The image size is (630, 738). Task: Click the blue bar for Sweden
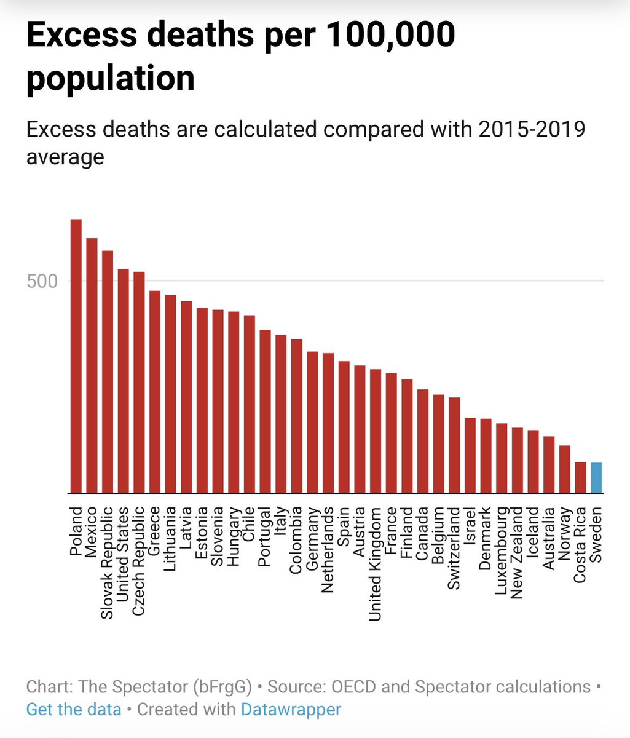596,478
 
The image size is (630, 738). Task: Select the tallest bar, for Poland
76,357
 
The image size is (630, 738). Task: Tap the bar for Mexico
92,366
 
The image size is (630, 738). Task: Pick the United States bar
123,381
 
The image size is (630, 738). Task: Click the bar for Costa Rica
580,478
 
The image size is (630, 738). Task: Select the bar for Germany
312,423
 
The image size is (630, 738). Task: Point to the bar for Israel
470,456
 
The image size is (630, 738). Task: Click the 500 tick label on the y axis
42,282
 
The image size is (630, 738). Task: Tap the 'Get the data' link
74,709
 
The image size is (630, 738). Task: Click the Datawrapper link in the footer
291,709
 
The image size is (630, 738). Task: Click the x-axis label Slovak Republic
107,562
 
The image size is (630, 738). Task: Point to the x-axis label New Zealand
517,552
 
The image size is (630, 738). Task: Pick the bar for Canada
423,441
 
